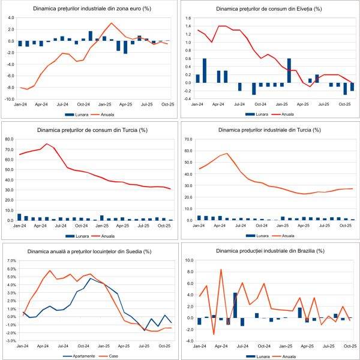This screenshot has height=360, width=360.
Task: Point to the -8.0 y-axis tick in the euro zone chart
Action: coord(10,88)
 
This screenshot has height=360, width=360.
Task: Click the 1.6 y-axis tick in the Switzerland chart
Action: coord(188,18)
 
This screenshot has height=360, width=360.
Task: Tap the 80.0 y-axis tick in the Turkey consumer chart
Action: coord(10,139)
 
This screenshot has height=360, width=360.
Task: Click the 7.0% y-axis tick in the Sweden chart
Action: coord(10,261)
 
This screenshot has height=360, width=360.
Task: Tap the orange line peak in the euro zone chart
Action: coord(111,23)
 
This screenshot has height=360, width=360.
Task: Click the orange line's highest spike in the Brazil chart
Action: coord(221,269)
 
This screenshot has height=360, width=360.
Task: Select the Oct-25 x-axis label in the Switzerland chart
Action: coord(345,103)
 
